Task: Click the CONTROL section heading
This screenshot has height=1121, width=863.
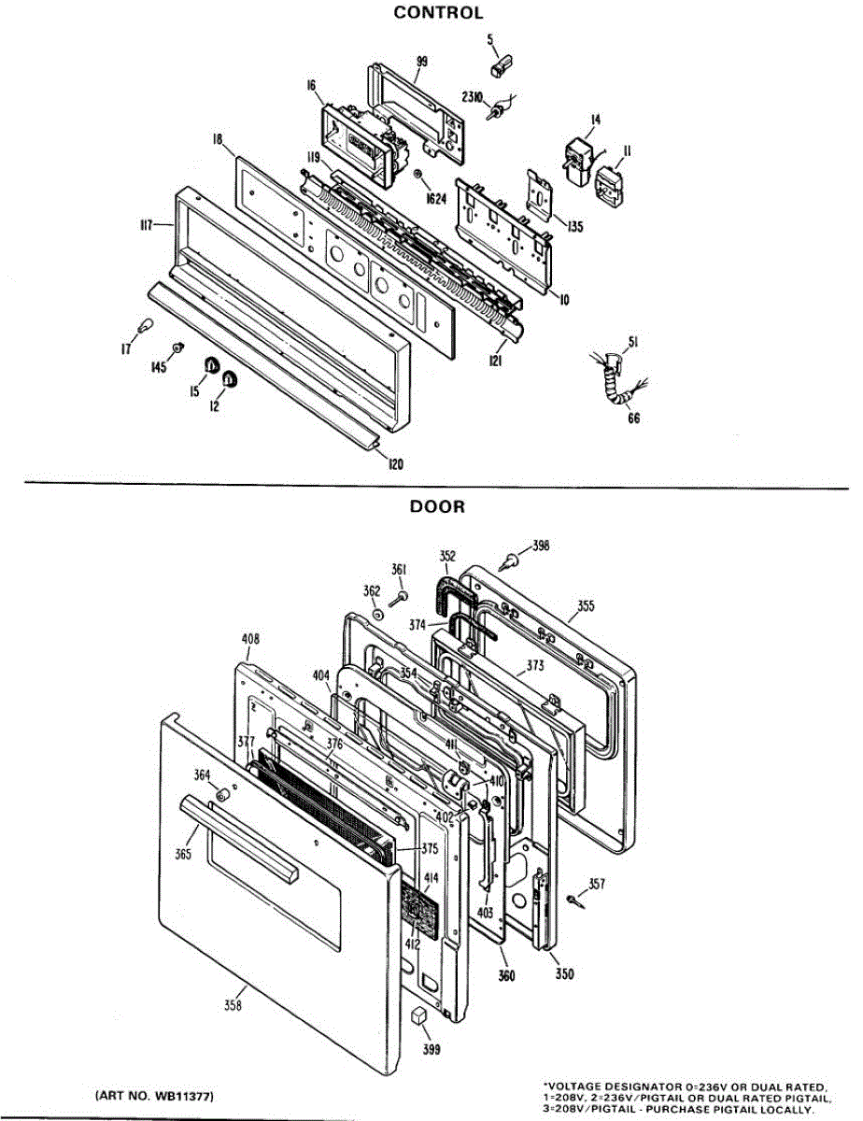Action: click(x=438, y=13)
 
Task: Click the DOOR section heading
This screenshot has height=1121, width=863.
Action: click(x=438, y=506)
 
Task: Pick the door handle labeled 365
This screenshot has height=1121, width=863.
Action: click(x=239, y=836)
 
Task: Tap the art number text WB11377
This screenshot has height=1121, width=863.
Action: click(x=159, y=1094)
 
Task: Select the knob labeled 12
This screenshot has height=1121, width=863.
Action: click(x=229, y=378)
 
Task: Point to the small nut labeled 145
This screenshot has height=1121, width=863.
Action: click(x=176, y=348)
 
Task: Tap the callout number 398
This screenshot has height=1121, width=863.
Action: click(x=541, y=545)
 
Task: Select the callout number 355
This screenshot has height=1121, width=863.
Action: click(x=585, y=605)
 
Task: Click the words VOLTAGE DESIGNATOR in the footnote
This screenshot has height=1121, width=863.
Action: click(x=606, y=1086)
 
